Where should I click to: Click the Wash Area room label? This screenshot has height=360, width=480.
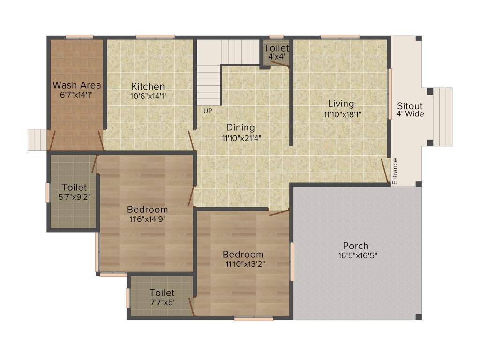(x=77, y=85)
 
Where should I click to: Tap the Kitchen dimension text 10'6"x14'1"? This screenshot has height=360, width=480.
(x=148, y=96)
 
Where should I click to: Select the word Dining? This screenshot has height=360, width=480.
(x=240, y=127)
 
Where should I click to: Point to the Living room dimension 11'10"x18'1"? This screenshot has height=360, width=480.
(x=343, y=113)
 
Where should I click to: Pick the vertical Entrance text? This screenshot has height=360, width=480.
(x=395, y=172)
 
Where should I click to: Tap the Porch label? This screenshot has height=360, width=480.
(x=356, y=246)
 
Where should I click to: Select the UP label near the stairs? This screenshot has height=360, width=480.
(x=208, y=111)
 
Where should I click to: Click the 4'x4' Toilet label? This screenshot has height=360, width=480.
(x=277, y=48)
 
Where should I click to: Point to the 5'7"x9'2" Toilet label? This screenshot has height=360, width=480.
(x=74, y=187)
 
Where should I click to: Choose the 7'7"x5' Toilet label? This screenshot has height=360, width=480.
(x=162, y=293)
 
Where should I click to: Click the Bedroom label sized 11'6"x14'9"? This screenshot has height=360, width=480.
(x=147, y=210)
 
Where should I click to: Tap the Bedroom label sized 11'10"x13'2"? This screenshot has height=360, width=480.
(x=243, y=255)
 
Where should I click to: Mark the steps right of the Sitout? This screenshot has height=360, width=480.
(x=442, y=116)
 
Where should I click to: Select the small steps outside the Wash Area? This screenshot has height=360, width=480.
(x=37, y=140)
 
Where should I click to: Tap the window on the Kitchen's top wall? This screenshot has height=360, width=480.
(x=155, y=37)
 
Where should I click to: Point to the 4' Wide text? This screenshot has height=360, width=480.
(x=410, y=113)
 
